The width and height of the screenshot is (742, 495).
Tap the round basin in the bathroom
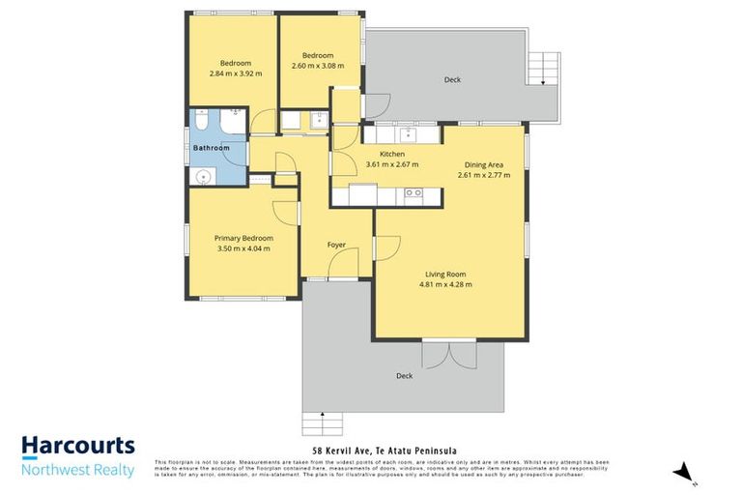click(x=203, y=175)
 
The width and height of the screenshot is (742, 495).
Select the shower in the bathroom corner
click(x=232, y=122)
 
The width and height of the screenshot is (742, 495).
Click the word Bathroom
click(x=211, y=148)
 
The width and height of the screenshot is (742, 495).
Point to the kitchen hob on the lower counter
click(x=414, y=193)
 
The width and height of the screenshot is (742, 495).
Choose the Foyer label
click(x=336, y=246)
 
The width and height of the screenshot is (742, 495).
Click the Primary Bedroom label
click(x=243, y=238)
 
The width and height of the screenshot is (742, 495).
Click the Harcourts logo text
click(x=78, y=448)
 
